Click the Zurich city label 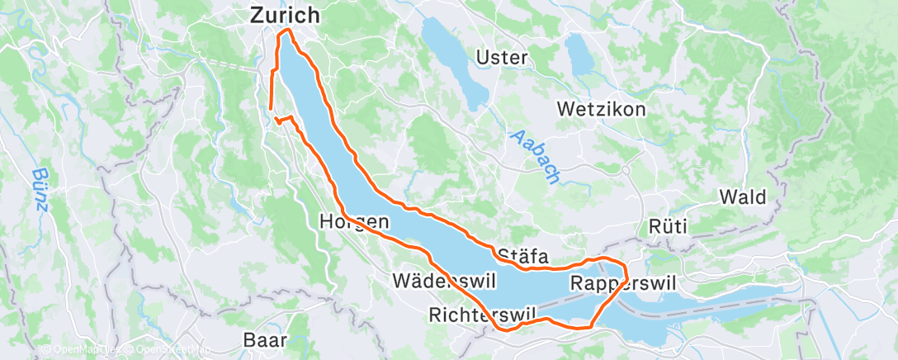coord(285,15)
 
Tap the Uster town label coord(503,58)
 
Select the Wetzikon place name coord(601,109)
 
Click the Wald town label coord(743,197)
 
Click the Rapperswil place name coord(622,283)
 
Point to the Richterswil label coord(484,314)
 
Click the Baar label coord(266,339)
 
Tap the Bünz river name coord(40,191)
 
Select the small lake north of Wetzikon coord(583,55)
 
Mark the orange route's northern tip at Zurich coord(286,31)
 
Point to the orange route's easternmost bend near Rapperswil coord(626,272)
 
